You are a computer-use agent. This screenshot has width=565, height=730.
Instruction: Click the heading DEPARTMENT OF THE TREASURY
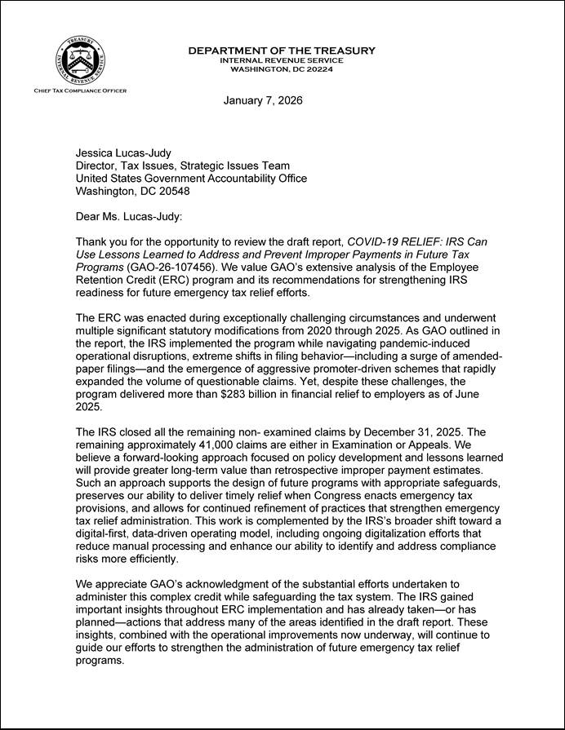(282, 51)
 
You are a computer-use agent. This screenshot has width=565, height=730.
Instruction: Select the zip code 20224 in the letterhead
(317, 69)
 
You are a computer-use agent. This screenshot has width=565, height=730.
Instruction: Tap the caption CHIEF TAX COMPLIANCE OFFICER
(80, 91)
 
